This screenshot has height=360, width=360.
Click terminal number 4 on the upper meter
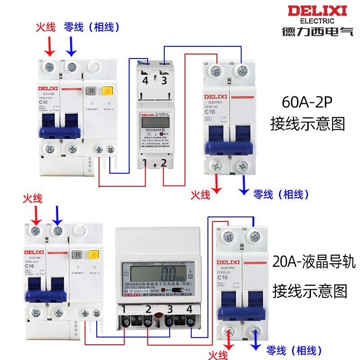145,81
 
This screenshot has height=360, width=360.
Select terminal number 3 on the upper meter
164,81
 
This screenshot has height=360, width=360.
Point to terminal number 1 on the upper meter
144,162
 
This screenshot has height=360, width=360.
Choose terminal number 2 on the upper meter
164,162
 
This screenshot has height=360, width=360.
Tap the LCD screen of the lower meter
157,274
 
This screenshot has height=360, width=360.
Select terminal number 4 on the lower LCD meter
189,309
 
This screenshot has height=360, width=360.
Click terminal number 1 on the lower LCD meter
124,309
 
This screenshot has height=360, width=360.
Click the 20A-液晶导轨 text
314,262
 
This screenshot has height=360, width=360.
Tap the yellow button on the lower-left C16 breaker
94,256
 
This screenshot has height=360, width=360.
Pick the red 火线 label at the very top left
45,27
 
